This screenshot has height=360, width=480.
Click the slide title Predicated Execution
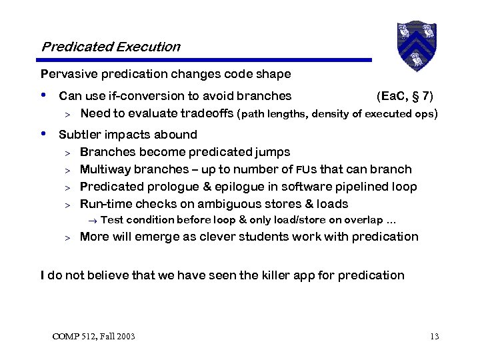coord(111,47)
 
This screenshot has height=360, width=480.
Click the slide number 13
coord(434,336)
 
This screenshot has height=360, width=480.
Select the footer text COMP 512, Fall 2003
coord(93,336)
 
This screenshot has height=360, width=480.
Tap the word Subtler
coord(79,135)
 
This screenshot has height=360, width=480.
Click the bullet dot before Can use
coord(44,95)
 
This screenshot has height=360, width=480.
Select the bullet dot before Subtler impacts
coord(44,134)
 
